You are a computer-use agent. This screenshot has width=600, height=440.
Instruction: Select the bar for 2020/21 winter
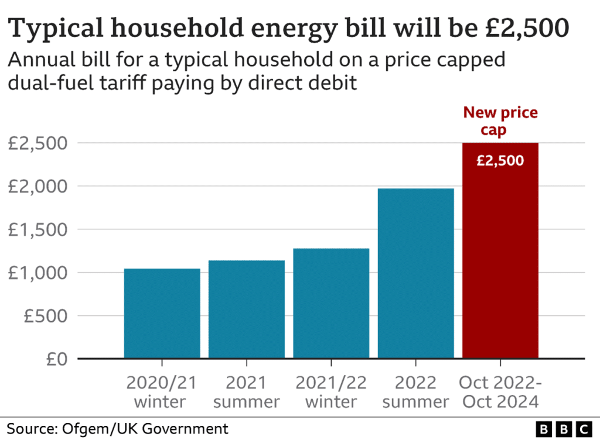[x=162, y=313]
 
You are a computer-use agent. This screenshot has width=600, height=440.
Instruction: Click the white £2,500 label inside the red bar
[x=500, y=160]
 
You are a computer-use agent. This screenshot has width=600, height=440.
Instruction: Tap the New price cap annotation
[x=500, y=121]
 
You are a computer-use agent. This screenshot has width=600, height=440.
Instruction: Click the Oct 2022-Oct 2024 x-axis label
[x=500, y=392]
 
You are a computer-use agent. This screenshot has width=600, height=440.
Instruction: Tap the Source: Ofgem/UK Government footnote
[x=117, y=428]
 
